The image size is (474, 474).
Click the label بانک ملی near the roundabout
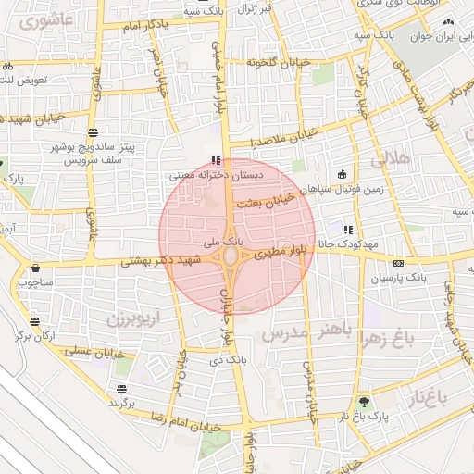tap(227, 241)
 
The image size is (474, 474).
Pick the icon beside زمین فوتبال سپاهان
tap(342, 173)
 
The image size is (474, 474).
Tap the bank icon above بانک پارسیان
tap(398, 263)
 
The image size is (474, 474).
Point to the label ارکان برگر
tap(35, 335)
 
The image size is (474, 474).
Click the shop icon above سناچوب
tap(35, 268)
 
